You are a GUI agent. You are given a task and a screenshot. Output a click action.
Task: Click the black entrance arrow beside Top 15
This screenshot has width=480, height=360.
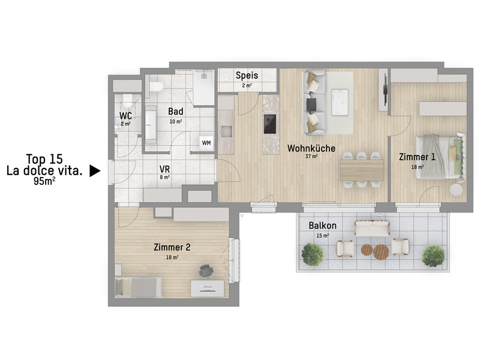tap(94, 171)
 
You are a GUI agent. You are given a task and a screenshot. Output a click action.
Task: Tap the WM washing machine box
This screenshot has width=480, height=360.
tap(206, 143)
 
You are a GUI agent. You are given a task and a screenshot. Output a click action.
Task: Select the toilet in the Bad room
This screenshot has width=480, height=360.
tap(157, 87)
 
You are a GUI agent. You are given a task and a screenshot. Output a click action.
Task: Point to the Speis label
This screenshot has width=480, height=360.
tap(247, 76)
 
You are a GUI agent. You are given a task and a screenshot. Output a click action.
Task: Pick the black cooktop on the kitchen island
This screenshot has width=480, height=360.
tap(269, 124)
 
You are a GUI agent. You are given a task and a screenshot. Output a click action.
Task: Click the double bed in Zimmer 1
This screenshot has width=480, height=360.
tap(441, 155)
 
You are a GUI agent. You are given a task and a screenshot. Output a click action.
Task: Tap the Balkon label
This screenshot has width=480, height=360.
tap(322, 226)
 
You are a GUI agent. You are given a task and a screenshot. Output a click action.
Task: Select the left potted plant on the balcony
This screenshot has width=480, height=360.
tap(313, 254)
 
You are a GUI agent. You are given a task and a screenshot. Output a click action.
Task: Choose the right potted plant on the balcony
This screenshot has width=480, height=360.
tap(433, 256)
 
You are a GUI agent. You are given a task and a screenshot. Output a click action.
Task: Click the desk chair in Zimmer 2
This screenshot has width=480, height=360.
tap(206, 271)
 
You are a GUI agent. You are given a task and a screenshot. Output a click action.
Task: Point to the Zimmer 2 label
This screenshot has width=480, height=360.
tap(172, 247)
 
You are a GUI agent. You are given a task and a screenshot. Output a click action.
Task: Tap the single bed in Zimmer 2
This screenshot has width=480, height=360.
tap(138, 287)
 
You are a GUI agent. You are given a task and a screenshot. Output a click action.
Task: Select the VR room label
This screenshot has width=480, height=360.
tap(164, 169)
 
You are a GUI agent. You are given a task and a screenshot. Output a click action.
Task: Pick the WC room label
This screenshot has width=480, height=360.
tap(125, 115)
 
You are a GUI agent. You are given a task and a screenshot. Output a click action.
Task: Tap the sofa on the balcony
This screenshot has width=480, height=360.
tap(372, 227)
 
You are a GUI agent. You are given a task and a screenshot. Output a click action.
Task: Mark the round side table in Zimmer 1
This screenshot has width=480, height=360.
tap(456, 189)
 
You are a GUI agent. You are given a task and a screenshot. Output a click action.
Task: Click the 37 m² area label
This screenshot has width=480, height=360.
tap(311, 157)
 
